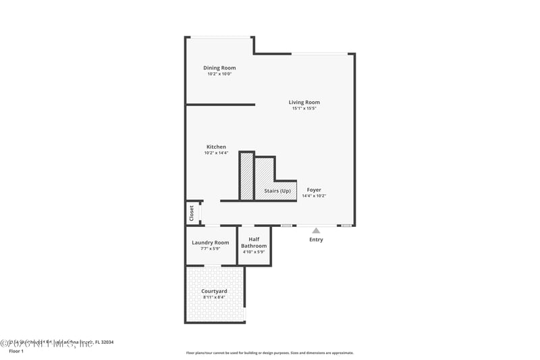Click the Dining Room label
[219, 68]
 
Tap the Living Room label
[304, 102]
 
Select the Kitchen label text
[216, 147]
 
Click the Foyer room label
[314, 190]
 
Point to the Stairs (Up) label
[277, 190]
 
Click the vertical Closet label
[192, 213]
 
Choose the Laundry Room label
[211, 242]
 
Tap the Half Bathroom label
[254, 242]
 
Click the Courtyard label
[213, 291]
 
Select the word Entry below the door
[316, 240]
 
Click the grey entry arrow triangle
[316, 231]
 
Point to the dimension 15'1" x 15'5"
[304, 108]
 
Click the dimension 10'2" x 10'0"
[219, 74]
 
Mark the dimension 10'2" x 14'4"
[216, 153]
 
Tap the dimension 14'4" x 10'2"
[314, 196]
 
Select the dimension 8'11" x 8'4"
[213, 297]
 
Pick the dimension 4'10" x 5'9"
[254, 251]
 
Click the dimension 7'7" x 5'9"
[211, 249]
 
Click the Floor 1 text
[16, 351]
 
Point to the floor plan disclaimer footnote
[269, 353]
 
